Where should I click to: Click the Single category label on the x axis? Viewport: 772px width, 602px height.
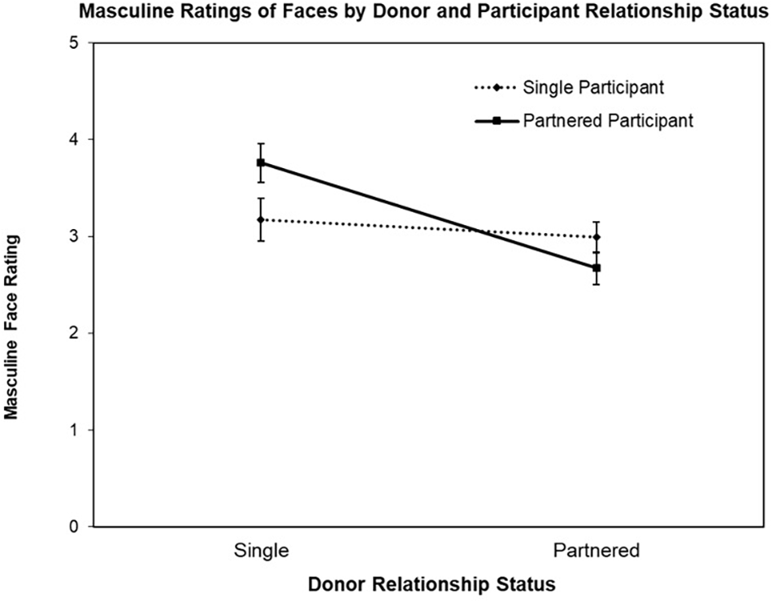click(x=261, y=551)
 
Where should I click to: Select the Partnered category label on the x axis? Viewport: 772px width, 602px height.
click(x=596, y=551)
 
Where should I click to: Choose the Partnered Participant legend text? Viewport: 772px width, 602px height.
click(x=608, y=121)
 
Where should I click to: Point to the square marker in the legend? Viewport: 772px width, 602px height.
click(x=495, y=121)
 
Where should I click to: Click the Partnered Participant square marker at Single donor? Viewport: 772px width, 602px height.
click(x=261, y=163)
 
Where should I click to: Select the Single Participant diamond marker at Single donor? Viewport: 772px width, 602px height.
click(x=261, y=219)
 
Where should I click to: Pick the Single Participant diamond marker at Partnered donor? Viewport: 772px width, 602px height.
click(x=596, y=237)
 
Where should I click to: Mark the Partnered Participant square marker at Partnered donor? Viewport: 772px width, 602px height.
click(x=596, y=267)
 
